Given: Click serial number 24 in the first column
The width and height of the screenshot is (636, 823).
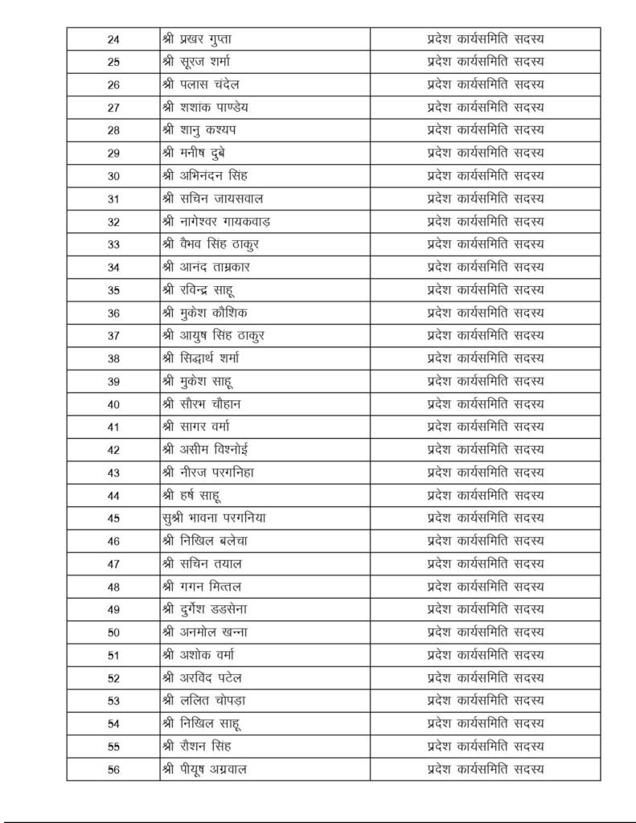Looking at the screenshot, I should click(113, 39).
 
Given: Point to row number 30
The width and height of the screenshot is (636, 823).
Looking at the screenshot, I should click(113, 176).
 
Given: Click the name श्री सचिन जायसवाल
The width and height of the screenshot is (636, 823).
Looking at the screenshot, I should click(213, 199).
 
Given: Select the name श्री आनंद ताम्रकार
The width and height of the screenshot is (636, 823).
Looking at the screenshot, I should click(210, 267).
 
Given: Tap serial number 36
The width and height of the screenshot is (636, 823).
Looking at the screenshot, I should click(113, 313).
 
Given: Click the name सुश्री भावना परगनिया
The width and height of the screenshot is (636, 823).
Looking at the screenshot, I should click(213, 518).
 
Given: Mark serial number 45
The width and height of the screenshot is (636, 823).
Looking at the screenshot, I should click(113, 518).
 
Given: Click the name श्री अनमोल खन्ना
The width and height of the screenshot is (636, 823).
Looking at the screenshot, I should click(205, 632).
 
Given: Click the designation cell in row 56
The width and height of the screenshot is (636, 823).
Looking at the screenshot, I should click(485, 768).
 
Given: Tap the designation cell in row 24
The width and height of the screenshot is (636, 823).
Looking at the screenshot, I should click(485, 39).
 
